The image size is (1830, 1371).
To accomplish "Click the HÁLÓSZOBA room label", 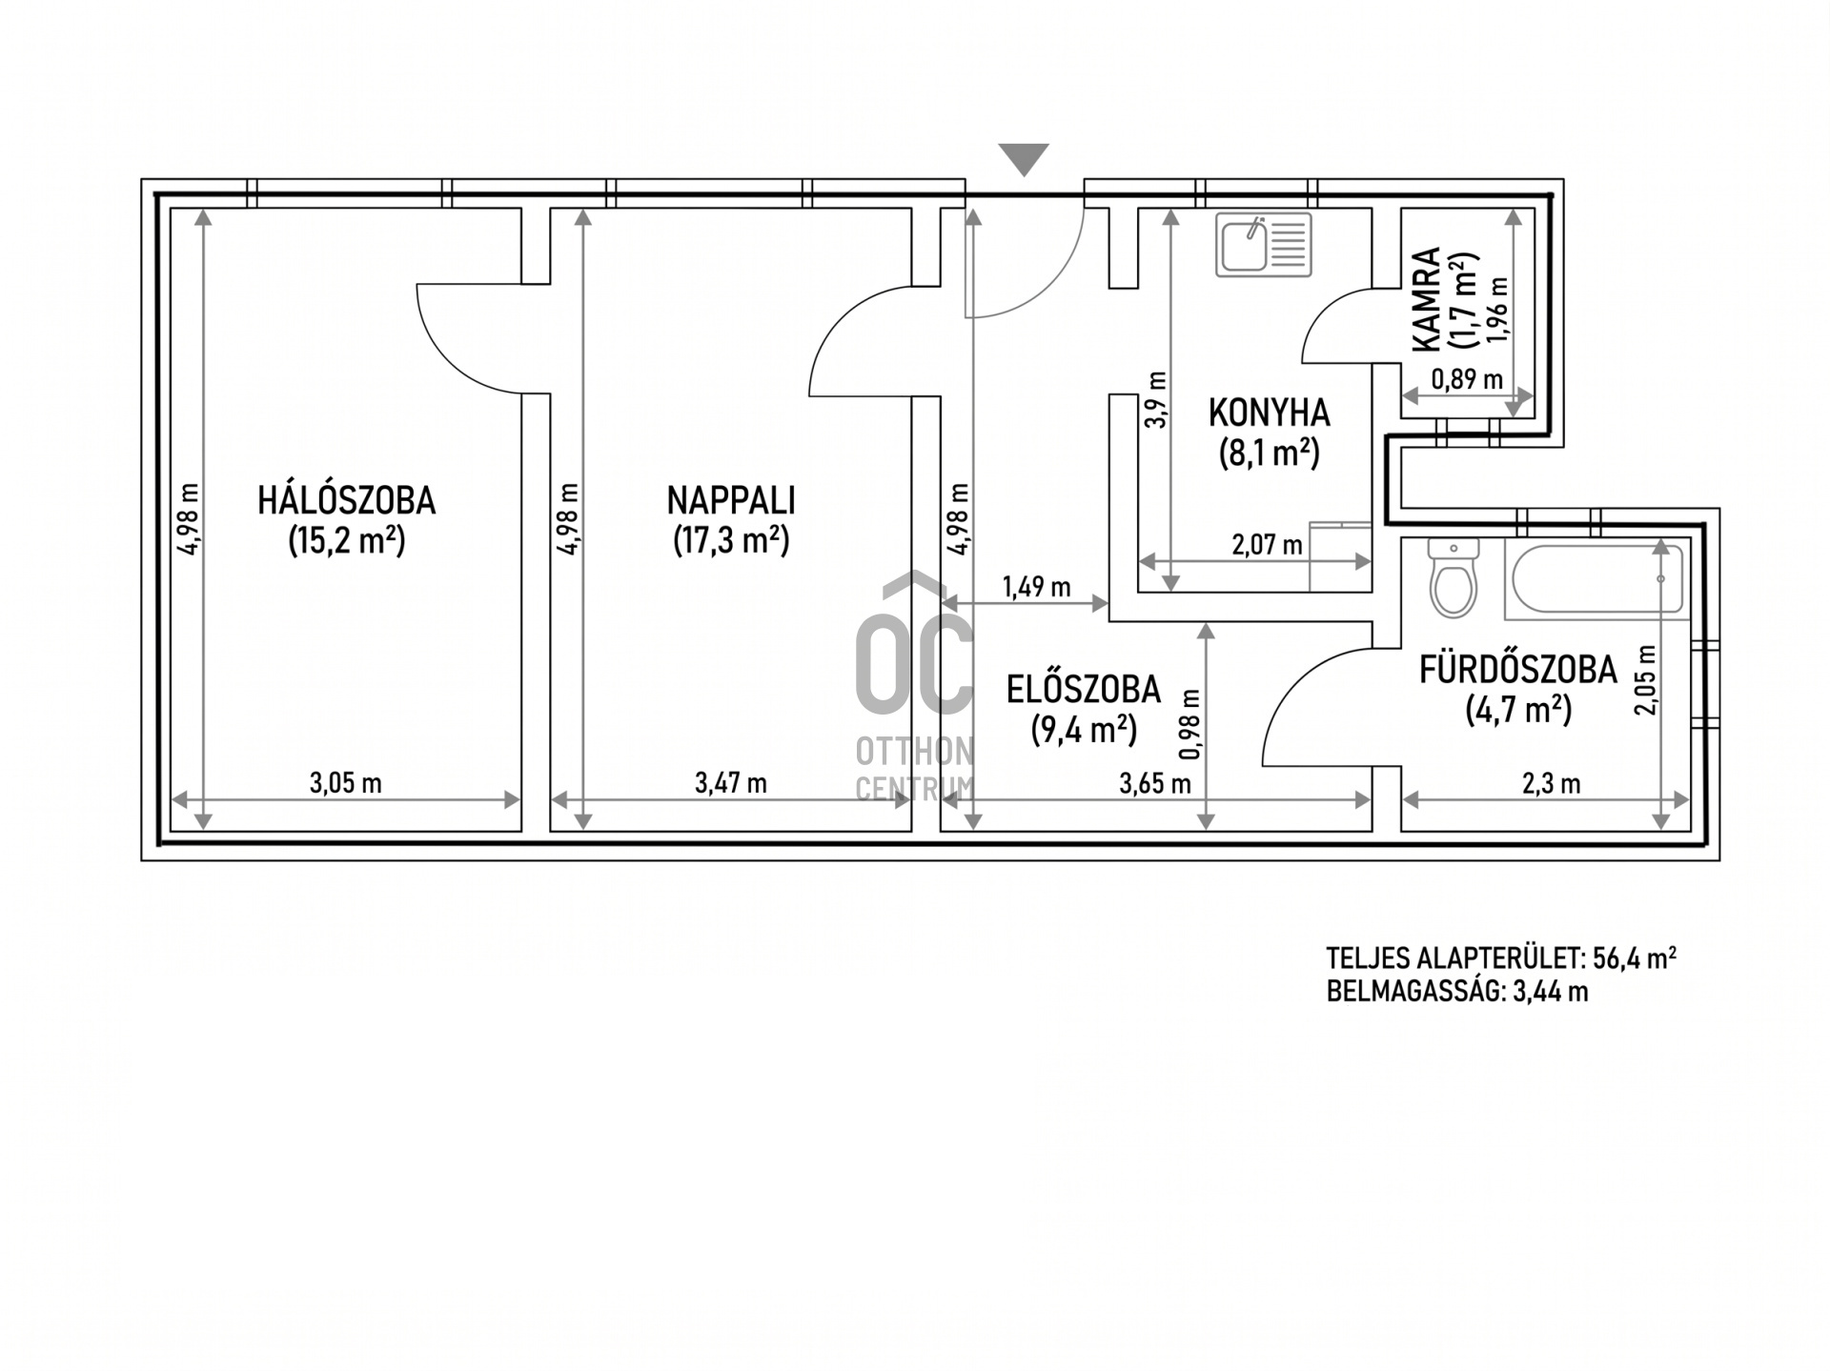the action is (x=346, y=500).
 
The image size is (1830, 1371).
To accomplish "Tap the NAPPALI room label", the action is (x=731, y=500).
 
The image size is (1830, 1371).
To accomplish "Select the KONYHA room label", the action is (x=1269, y=413).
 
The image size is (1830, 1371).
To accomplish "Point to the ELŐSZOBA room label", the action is (x=1084, y=689).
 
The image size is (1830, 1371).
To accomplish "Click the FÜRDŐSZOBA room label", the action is (x=1517, y=670).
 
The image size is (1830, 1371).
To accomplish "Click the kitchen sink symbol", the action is (x=1263, y=245).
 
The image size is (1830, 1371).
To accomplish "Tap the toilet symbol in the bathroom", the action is (x=1453, y=577).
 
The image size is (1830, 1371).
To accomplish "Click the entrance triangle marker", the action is (x=1024, y=159).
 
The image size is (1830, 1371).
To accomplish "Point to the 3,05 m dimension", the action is (x=346, y=783).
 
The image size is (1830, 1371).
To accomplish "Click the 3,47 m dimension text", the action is (x=731, y=783).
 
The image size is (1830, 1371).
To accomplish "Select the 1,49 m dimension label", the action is (x=1036, y=587).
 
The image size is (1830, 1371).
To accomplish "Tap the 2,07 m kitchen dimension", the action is (x=1267, y=545).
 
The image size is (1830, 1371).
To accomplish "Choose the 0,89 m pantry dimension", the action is (x=1467, y=379).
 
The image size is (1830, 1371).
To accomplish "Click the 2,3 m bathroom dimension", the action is (x=1551, y=783).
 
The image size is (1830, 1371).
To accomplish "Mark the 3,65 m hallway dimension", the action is (x=1155, y=783).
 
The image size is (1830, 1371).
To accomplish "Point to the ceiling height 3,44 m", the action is (x=1551, y=992).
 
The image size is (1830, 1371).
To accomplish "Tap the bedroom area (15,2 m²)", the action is (x=347, y=540).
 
